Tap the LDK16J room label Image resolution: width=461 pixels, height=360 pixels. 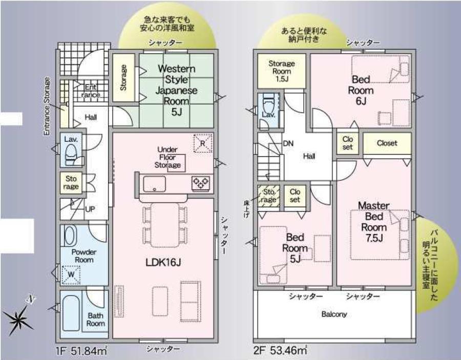163,262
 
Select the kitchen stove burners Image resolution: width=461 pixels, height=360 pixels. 201,184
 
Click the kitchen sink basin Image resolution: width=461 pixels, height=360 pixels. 154,184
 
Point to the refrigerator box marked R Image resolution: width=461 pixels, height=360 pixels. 203,143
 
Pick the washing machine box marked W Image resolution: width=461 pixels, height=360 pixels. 71,275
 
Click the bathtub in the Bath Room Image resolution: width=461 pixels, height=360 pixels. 71,313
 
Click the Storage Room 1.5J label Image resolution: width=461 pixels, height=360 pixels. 282,71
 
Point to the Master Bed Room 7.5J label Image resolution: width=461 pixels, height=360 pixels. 374,222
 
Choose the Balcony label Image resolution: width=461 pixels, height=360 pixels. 334,314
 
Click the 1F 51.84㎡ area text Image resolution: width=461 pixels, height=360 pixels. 81,351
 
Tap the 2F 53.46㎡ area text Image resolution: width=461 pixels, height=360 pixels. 281,350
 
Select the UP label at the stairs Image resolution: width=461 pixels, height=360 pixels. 90,209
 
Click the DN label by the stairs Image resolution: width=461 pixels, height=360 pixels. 288,143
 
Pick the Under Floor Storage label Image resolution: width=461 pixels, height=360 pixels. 167,157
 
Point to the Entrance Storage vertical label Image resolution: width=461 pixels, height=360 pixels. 47,106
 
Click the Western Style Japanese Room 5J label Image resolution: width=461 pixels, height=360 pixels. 176,90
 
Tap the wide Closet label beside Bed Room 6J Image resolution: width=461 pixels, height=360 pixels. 387,143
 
